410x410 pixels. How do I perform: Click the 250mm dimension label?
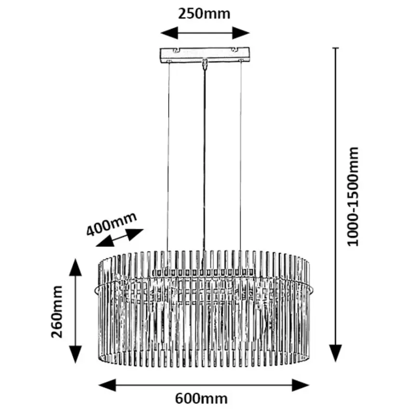[205, 13]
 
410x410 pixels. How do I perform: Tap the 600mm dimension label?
[201, 398]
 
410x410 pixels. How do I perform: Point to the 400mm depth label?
[111, 223]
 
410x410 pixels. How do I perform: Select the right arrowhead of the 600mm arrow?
[301, 384]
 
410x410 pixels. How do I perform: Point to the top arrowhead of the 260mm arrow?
[75, 266]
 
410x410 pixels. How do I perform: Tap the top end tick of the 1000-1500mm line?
[336, 48]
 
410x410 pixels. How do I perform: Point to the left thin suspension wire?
[169, 154]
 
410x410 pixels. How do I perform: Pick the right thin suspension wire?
[240, 154]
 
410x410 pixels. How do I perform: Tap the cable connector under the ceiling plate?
[205, 64]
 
